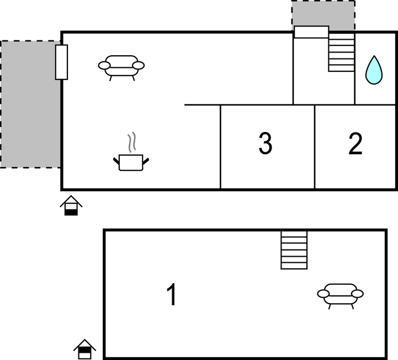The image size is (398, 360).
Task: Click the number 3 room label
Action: click(266, 143)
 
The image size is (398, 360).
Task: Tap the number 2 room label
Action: click(355, 144)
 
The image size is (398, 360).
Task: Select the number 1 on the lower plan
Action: click(172, 294)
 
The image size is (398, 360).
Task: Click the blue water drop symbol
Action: click(374, 70)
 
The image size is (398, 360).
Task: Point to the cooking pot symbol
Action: click(131, 162)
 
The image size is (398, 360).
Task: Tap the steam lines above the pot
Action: click(131, 142)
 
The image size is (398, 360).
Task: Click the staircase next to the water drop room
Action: click(341, 52)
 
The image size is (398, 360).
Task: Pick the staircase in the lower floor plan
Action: click(294, 250)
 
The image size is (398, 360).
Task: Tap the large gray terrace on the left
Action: click(30, 104)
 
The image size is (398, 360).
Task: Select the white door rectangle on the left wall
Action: click(61, 62)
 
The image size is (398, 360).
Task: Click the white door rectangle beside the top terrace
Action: click(311, 32)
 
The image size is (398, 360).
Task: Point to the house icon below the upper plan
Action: click(71, 205)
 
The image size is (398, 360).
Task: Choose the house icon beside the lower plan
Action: click(85, 349)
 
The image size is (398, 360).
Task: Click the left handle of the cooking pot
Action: click(116, 161)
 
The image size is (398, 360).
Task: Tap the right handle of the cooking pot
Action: click(146, 161)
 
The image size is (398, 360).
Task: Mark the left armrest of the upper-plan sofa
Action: click(104, 66)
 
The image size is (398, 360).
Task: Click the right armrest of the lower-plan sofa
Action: click(358, 294)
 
